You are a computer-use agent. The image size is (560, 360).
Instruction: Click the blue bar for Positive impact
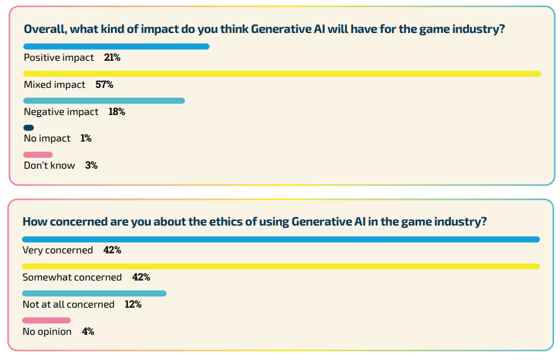click(116, 47)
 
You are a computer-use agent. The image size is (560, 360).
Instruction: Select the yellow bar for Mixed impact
click(282, 74)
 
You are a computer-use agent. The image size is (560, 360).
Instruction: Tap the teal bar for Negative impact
click(104, 101)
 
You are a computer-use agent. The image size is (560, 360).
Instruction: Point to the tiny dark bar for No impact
click(28, 128)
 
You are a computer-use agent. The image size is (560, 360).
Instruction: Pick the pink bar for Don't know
click(38, 154)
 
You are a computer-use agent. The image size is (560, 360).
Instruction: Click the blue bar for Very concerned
click(281, 239)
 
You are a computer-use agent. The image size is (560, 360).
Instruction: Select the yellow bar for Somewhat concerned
click(281, 266)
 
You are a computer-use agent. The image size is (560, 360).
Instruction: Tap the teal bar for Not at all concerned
click(94, 293)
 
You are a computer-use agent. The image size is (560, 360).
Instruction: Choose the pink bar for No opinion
click(47, 321)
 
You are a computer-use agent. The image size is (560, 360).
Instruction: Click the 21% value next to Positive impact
click(112, 58)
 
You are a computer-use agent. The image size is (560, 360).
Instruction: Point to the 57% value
click(104, 85)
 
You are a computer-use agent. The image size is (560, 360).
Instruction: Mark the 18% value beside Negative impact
click(116, 112)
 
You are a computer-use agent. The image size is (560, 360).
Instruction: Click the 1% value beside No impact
click(86, 138)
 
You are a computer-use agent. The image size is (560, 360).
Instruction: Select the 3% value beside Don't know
click(91, 165)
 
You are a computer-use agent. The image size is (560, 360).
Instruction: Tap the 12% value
click(133, 304)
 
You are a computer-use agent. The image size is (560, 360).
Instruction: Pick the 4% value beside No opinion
click(88, 332)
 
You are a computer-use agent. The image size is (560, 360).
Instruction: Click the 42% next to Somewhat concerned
click(141, 277)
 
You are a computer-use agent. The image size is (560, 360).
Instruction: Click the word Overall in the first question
click(44, 29)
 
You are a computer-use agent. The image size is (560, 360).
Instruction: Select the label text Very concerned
click(58, 250)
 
